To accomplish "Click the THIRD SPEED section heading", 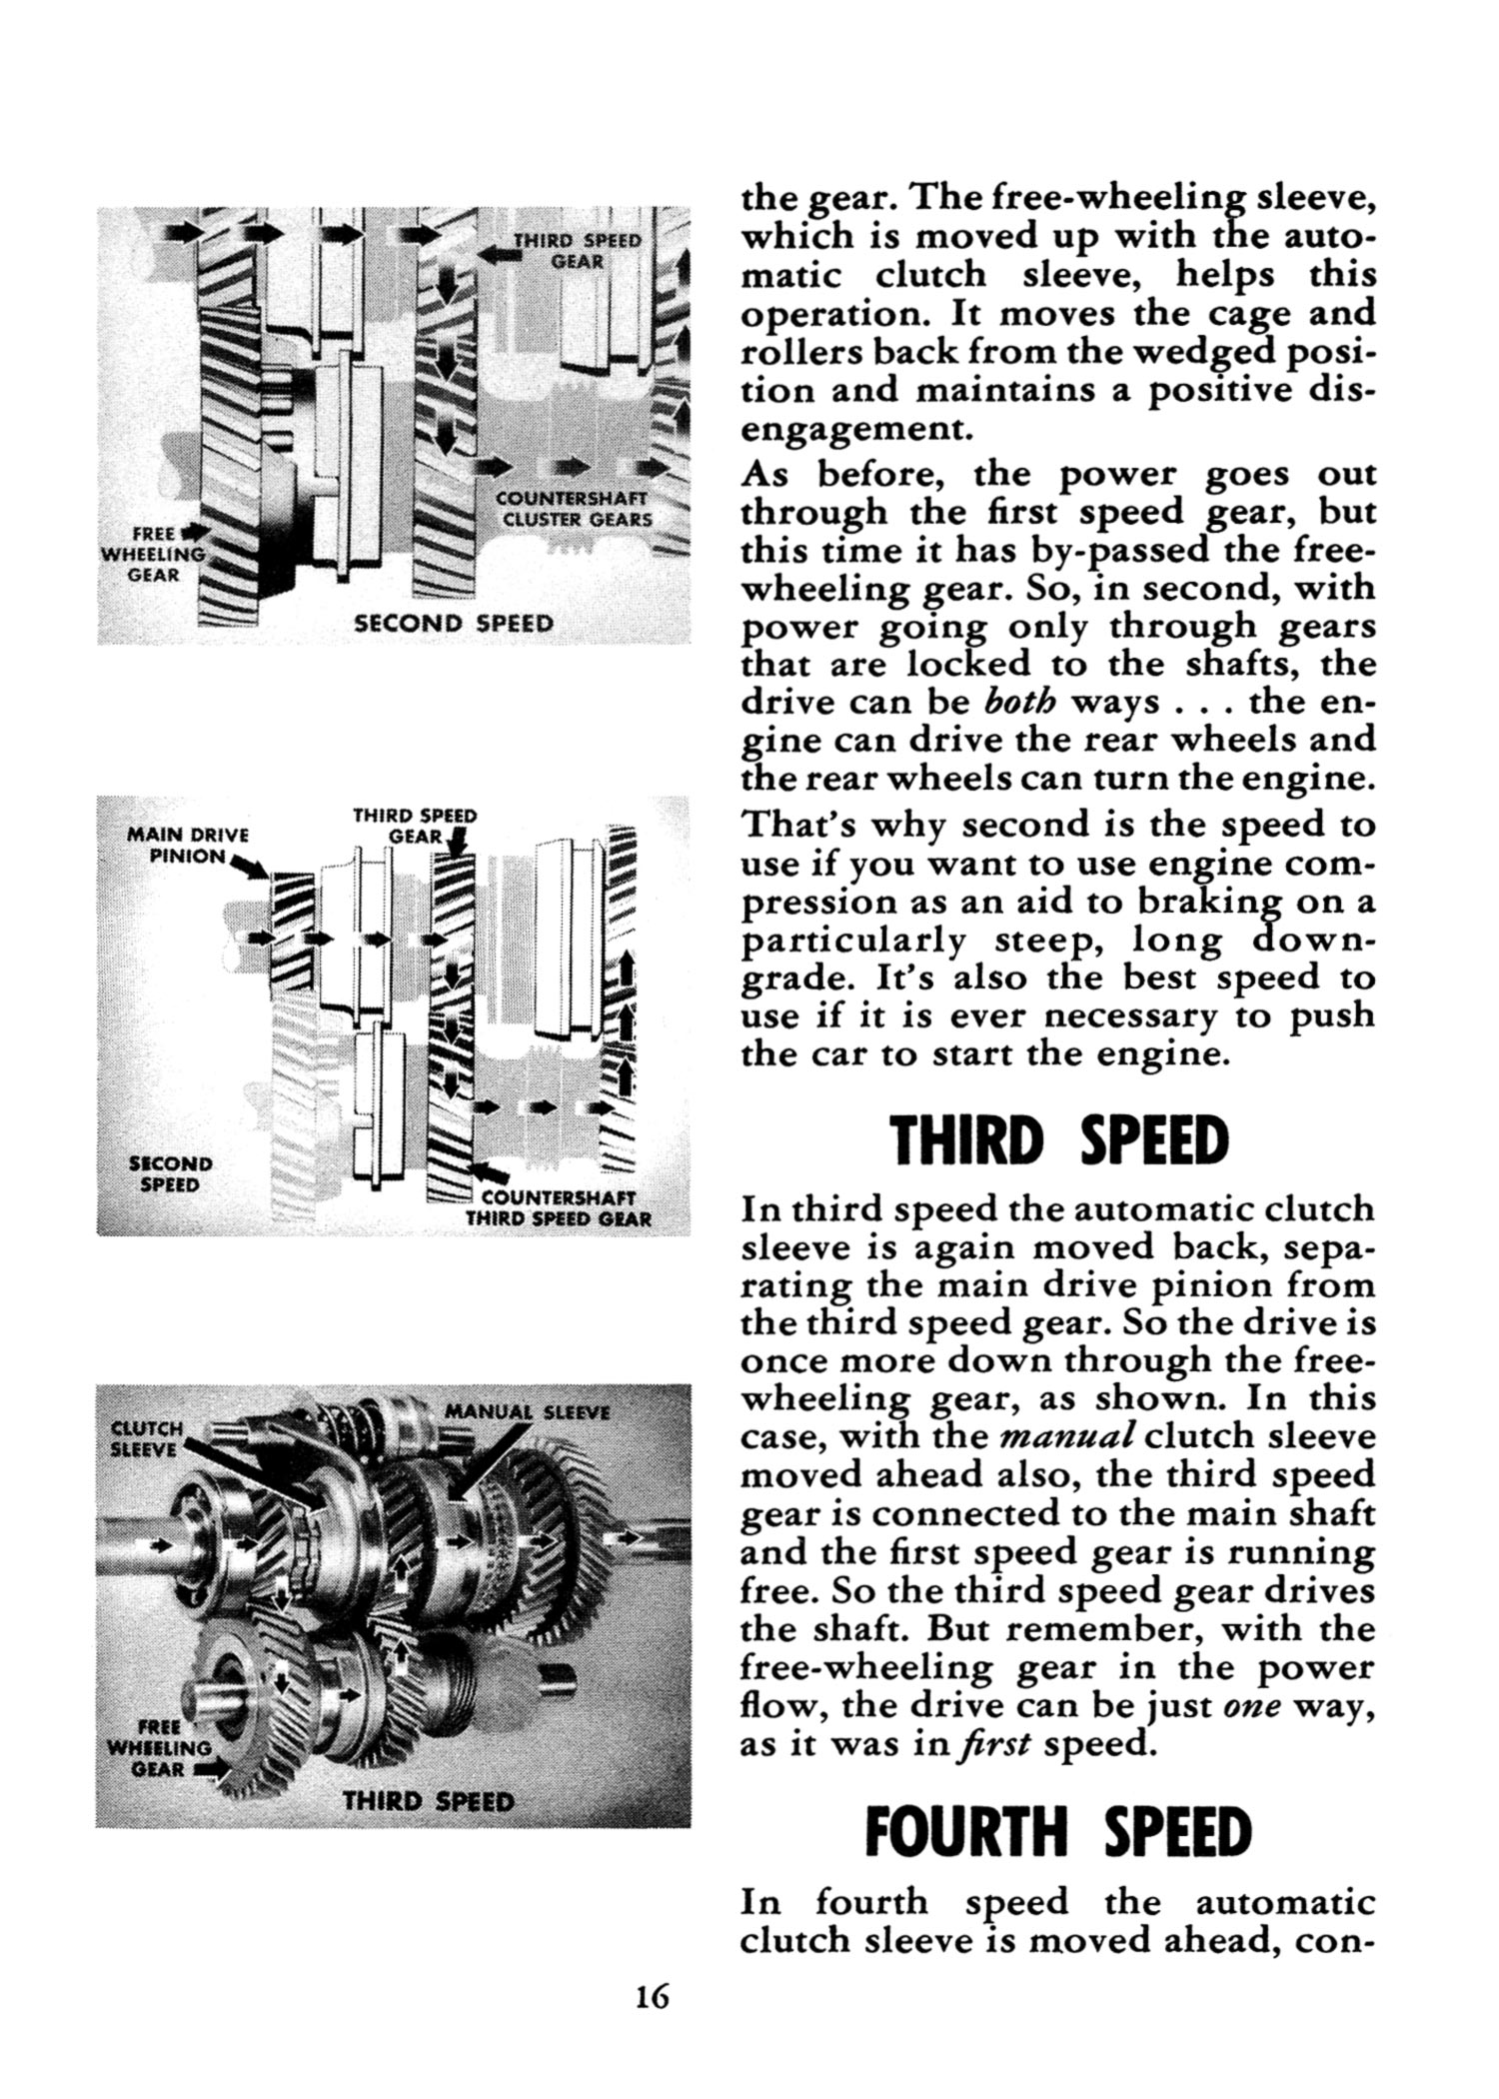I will click(1058, 1141).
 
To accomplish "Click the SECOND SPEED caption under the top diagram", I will click(454, 624).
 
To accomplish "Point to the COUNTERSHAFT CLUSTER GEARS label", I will click(576, 509).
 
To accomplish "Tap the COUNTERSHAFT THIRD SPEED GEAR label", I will click(560, 1208).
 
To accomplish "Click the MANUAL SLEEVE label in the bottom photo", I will click(526, 1412).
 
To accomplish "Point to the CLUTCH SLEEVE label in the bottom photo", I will click(145, 1438).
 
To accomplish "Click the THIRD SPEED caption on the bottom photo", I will click(428, 1801).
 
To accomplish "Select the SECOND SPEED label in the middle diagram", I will click(170, 1174).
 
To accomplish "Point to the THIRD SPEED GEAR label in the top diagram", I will click(576, 251).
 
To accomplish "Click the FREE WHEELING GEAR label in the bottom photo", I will click(159, 1747).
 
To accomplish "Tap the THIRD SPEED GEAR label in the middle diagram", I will click(414, 825).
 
